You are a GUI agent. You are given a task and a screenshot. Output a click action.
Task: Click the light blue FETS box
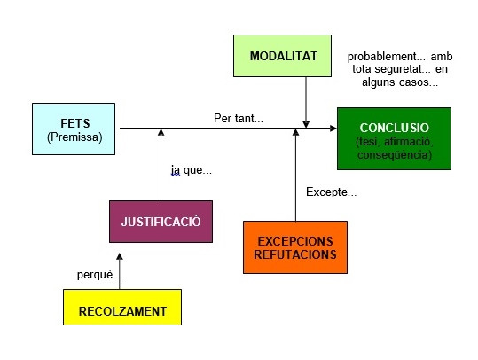(74, 129)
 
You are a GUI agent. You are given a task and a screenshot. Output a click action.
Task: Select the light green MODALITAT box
(282, 56)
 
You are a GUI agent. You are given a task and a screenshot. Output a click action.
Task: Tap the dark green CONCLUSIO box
(394, 138)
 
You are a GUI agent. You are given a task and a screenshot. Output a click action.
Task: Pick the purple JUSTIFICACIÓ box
(161, 222)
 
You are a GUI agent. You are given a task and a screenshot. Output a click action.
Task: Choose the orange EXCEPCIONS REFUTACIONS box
(295, 247)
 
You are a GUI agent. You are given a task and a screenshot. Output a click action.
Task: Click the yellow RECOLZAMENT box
(122, 308)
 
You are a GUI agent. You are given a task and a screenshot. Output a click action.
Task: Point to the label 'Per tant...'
(239, 118)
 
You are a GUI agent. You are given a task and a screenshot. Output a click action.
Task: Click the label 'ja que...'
(192, 170)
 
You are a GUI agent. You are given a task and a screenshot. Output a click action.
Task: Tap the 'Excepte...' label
(331, 192)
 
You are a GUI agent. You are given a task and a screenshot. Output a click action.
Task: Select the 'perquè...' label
(99, 275)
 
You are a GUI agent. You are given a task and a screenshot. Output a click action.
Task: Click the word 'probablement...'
(387, 57)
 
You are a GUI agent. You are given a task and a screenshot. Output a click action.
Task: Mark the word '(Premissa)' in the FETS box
(74, 137)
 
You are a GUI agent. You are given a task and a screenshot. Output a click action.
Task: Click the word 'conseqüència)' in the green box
(395, 155)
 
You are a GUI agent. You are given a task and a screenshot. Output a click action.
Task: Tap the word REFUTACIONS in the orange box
(295, 254)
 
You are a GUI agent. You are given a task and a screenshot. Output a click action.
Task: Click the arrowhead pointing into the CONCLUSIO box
(333, 129)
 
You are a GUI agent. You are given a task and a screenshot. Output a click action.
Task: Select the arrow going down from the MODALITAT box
(306, 103)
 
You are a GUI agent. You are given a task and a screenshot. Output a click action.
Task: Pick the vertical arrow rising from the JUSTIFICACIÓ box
(161, 165)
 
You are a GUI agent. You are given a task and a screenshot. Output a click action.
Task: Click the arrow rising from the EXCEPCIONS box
(295, 175)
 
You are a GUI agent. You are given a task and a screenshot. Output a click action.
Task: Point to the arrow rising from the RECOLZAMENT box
(120, 271)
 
